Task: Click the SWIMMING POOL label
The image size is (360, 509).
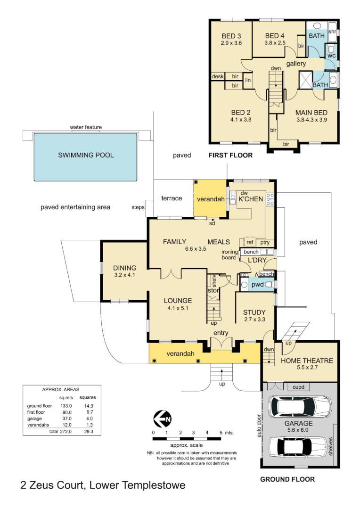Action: click(x=86, y=155)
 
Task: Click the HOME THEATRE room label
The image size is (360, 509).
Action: click(x=307, y=361)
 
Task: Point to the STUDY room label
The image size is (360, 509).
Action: click(x=254, y=312)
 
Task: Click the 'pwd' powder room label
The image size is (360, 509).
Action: click(x=257, y=285)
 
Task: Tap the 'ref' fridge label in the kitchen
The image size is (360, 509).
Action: click(x=250, y=242)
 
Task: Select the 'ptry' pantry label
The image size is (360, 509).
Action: click(x=265, y=242)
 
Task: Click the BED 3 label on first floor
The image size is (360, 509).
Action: click(x=231, y=36)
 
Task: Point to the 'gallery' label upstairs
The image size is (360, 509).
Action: click(x=296, y=64)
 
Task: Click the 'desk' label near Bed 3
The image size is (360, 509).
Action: click(x=217, y=76)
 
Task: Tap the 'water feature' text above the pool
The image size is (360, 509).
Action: click(x=86, y=127)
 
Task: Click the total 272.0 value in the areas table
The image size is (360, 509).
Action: click(x=65, y=431)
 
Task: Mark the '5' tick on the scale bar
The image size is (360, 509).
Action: click(x=221, y=432)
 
